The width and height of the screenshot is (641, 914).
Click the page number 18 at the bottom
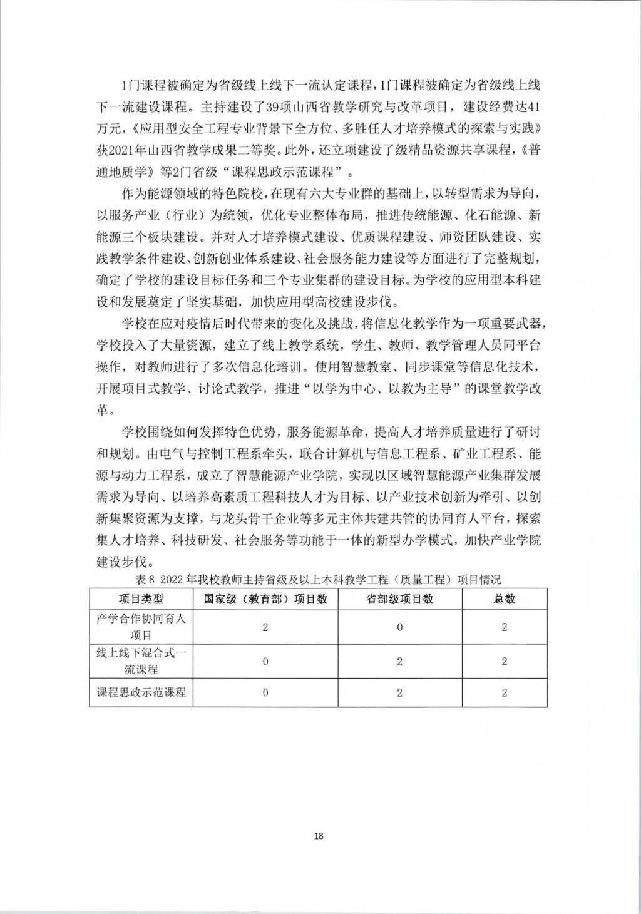coord(319,836)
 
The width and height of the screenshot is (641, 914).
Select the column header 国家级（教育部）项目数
coord(265,599)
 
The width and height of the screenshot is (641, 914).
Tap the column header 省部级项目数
coord(399,599)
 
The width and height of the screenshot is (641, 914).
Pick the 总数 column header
coord(505,599)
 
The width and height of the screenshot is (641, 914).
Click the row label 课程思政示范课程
coord(141,692)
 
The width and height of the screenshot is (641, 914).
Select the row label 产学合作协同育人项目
coord(141,627)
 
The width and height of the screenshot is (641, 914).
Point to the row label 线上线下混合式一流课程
coord(141,660)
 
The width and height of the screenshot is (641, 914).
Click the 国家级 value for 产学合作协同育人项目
coord(265,627)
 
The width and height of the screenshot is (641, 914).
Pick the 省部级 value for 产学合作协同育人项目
coord(399,627)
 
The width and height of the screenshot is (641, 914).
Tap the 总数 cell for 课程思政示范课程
coord(505,692)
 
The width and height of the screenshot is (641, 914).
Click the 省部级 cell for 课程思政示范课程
coord(399,692)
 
